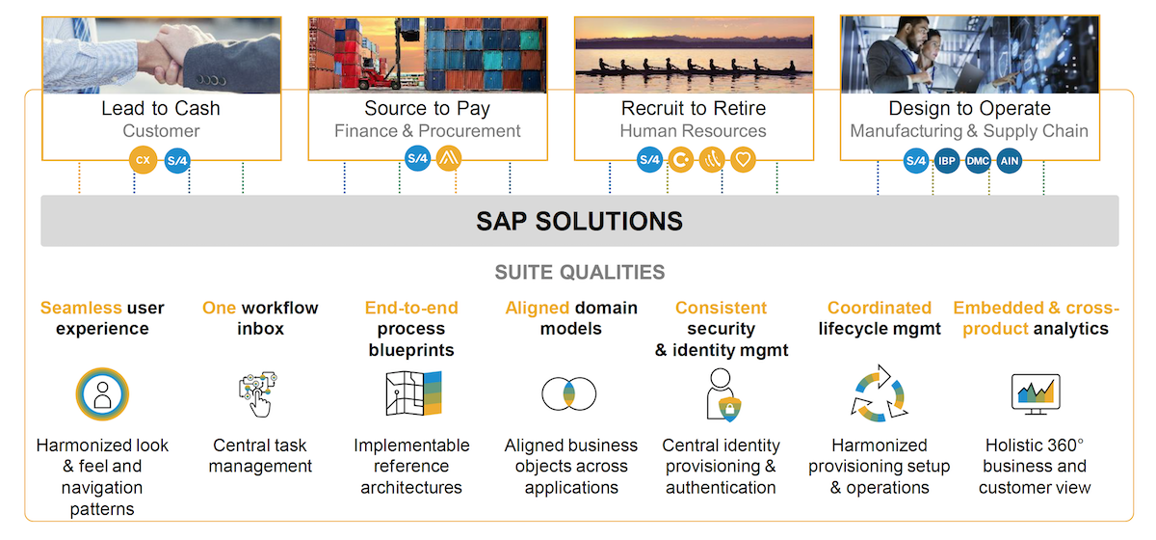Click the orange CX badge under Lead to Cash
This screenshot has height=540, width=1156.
click(x=144, y=160)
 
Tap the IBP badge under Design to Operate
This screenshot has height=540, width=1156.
click(x=947, y=160)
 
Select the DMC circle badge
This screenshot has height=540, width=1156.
click(x=978, y=160)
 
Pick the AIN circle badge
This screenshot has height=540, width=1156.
click(x=1009, y=160)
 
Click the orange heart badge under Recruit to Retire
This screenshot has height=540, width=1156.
click(x=743, y=160)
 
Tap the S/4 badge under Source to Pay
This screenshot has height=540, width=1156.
click(x=417, y=158)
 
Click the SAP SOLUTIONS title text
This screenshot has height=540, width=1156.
click(x=579, y=221)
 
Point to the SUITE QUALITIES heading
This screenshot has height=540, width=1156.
click(x=579, y=272)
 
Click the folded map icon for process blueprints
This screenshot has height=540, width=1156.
click(x=412, y=394)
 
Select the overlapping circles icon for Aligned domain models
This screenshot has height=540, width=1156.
click(x=569, y=393)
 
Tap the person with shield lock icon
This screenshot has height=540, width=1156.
click(x=723, y=394)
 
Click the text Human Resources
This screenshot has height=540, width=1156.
click(x=693, y=131)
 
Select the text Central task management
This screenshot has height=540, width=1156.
click(x=261, y=456)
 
